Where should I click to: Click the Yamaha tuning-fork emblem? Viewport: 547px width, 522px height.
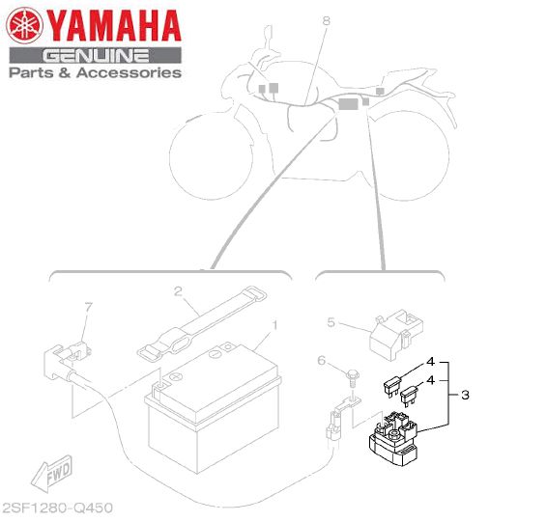coord(24,26)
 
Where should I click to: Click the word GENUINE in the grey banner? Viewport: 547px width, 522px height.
coord(96,56)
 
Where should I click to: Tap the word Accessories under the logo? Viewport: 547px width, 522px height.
coord(129,72)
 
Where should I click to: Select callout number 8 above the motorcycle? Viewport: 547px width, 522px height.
coord(326,21)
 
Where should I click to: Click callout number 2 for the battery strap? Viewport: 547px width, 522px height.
coord(178,291)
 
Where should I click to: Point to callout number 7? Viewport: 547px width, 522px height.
coord(89,307)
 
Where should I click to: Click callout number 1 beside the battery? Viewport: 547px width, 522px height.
coord(274,325)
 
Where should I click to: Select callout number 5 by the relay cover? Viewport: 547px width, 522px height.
coord(331,322)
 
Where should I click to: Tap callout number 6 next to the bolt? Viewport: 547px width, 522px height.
coord(321,360)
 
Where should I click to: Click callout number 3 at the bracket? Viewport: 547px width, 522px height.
coord(465,395)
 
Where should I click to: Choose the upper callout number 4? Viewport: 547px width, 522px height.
coord(431,362)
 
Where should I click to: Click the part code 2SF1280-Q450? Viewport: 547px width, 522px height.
coord(58,508)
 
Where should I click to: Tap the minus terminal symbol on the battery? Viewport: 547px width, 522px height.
coord(215,354)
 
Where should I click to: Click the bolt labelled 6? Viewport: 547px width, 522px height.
coord(352,379)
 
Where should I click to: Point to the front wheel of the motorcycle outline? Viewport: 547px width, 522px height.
coord(211,156)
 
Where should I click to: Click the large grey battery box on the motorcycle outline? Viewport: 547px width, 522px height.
coord(349,104)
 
